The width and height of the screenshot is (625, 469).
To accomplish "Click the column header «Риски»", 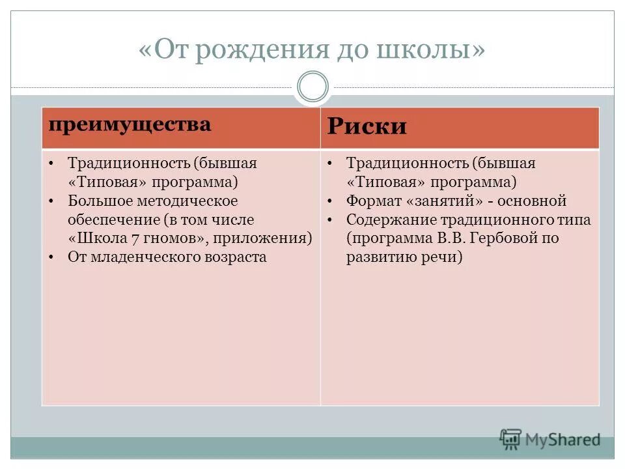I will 367,126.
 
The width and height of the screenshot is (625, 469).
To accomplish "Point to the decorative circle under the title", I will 312,87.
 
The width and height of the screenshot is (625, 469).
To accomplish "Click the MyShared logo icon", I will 511,440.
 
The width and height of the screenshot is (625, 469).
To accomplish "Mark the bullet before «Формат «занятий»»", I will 331,201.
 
